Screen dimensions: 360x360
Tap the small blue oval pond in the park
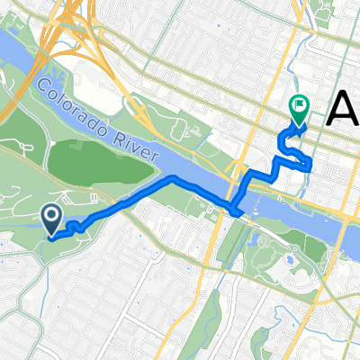[x=287, y=259]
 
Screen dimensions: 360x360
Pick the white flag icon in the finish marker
[x=298, y=105]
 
